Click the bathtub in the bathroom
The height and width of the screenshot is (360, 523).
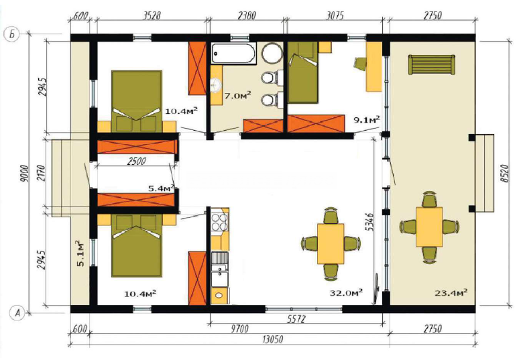[233, 54]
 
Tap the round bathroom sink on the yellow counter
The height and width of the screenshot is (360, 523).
[216, 84]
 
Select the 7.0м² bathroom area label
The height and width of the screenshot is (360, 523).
[237, 96]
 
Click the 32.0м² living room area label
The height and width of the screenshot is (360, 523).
[346, 293]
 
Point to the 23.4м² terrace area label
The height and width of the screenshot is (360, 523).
[451, 293]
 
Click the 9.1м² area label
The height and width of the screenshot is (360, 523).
[367, 120]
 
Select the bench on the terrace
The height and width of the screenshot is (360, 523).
[432, 64]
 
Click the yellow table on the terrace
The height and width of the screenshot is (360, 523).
[429, 227]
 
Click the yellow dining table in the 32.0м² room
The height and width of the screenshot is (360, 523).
[331, 243]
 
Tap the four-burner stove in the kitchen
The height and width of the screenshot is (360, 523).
[220, 222]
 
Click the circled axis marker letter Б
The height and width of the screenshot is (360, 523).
[12, 34]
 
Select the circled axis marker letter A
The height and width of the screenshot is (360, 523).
[17, 313]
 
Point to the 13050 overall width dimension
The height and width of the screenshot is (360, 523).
[273, 340]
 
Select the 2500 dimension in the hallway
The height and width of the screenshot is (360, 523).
[137, 162]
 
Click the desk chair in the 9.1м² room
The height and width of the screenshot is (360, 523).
[360, 64]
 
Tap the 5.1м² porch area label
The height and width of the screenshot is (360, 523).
[80, 253]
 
